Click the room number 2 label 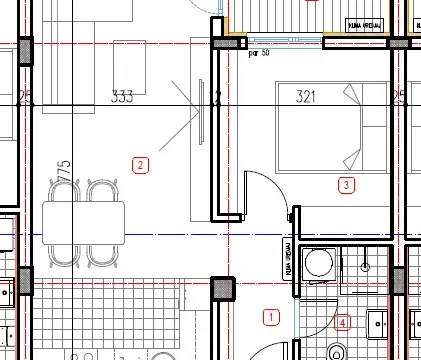coord(141,165)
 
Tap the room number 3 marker coord(347,185)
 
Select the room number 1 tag coord(270,318)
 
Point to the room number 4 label coord(343,322)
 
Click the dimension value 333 coord(122,97)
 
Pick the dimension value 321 coord(305,97)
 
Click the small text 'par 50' coord(258,53)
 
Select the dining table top coord(84,222)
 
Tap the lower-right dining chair coord(103,254)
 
